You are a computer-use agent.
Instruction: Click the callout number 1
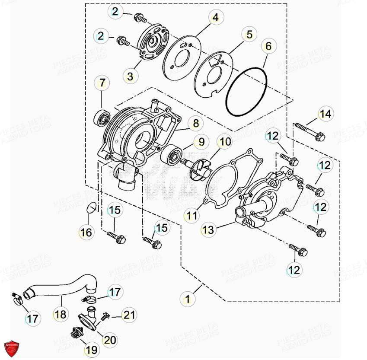(188, 298)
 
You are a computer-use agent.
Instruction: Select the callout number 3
(131, 76)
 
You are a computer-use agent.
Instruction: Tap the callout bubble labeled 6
(268, 45)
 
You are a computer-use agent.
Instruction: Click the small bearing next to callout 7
(102, 116)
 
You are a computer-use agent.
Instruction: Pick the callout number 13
(208, 230)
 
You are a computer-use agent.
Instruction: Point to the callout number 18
(61, 314)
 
